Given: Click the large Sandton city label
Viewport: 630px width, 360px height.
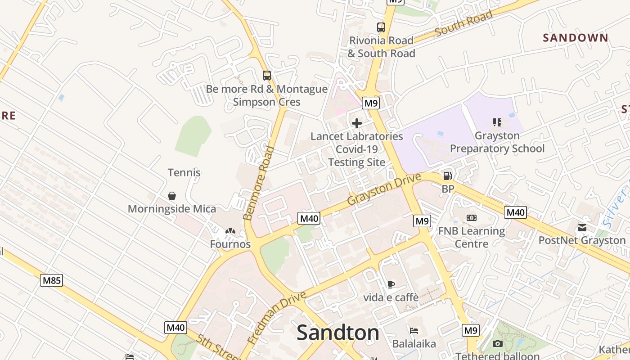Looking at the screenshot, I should (337, 333).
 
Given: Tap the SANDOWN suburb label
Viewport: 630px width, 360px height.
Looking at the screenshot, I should (576, 38).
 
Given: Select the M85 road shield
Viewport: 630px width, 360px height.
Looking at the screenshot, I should (51, 281).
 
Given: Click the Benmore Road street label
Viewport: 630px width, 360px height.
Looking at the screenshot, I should (258, 183).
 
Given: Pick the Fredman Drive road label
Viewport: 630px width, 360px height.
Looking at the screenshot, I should (277, 318).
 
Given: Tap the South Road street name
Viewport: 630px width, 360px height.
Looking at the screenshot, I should (463, 24).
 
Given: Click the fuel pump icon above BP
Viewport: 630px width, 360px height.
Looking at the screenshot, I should (447, 176).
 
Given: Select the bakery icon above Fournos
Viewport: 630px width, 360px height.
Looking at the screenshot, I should (230, 231).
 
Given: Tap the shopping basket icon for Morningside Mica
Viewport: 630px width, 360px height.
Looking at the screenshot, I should (171, 196).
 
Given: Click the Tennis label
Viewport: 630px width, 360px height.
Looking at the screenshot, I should (184, 172).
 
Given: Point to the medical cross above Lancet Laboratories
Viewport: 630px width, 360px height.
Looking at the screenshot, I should (357, 123).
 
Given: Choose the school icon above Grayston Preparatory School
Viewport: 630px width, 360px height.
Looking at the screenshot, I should (497, 122).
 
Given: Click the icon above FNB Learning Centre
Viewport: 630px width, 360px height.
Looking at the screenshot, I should (471, 218).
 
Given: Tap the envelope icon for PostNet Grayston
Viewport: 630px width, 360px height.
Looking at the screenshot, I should (582, 227).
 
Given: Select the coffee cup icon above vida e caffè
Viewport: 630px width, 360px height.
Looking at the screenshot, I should (391, 284).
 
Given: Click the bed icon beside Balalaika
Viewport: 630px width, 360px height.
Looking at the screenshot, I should (414, 331).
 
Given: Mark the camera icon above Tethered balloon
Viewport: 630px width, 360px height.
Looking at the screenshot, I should (497, 344).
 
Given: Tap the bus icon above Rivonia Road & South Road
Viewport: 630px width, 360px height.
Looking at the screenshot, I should (381, 27).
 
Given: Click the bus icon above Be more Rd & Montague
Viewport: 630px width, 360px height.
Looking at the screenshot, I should (267, 76).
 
